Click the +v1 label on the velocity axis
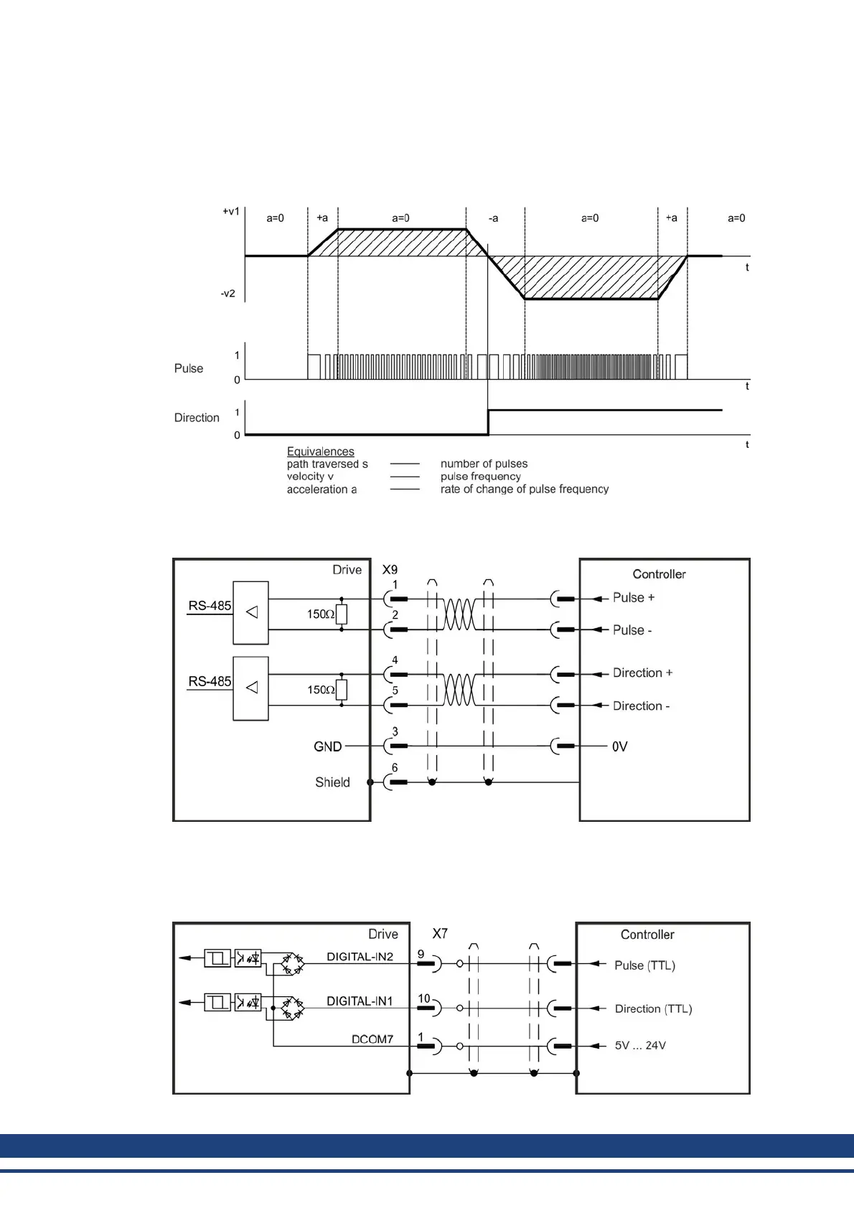230,212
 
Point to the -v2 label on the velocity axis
227,294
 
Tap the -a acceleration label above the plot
493,218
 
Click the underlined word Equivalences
320,451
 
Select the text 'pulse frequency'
480,477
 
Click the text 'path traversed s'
327,464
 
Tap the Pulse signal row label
189,368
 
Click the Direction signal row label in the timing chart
197,418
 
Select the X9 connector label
390,570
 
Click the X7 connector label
440,934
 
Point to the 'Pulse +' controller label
633,598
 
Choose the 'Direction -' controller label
641,706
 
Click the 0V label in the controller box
619,747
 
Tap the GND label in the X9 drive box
327,747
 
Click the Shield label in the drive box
332,782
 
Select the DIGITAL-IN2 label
360,957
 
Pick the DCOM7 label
372,1039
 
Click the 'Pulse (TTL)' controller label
644,966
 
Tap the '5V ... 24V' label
640,1046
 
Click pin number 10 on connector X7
424,998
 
